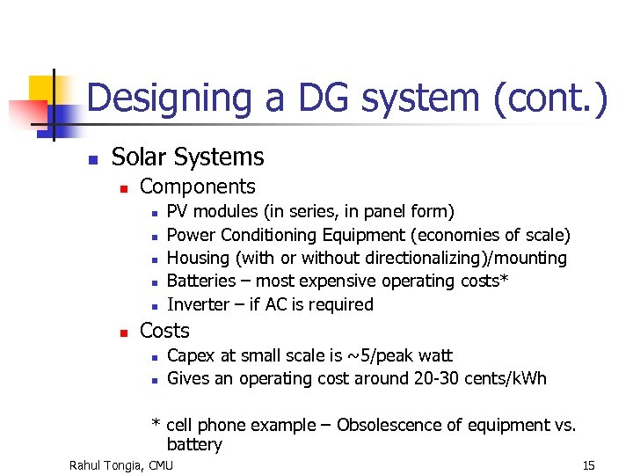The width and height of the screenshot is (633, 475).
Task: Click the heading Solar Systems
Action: (187, 157)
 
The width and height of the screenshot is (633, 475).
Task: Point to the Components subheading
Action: (197, 186)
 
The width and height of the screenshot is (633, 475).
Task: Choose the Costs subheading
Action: (164, 331)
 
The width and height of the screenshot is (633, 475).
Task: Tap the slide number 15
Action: (588, 464)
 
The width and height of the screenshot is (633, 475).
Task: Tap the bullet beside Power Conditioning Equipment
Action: (153, 237)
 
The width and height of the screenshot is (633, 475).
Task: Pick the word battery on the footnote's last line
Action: (194, 445)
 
